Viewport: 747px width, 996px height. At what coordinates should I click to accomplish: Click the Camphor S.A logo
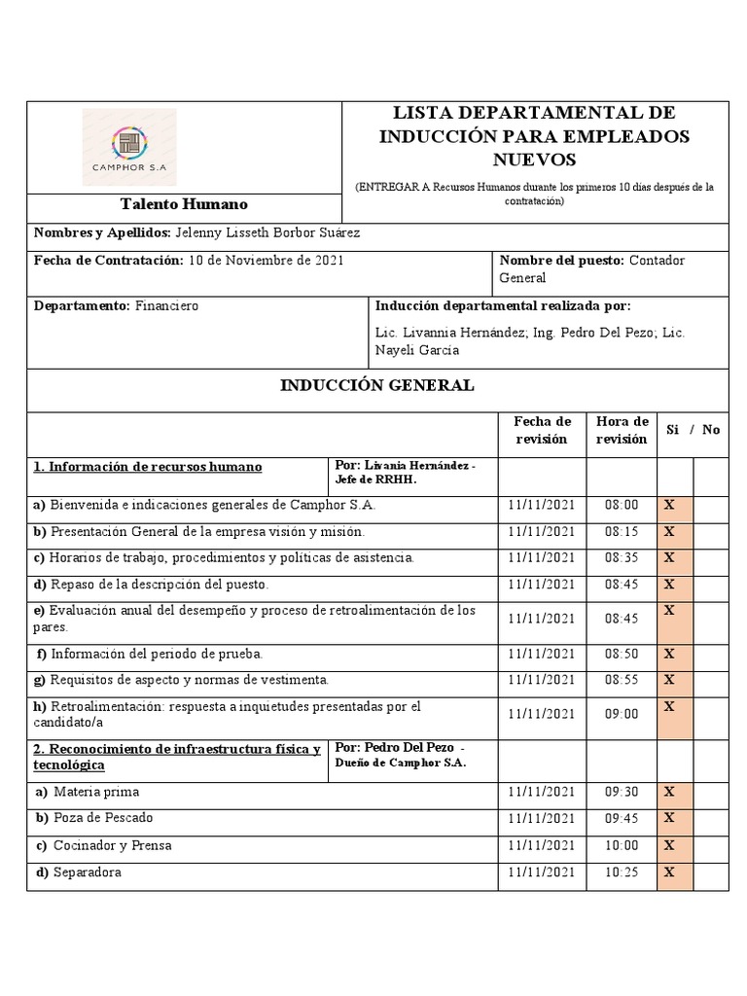click(x=129, y=147)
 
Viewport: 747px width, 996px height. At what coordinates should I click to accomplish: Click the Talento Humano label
click(x=184, y=204)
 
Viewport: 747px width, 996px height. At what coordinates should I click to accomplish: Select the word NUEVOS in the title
click(x=534, y=159)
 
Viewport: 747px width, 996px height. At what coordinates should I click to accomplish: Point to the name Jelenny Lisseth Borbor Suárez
click(x=267, y=232)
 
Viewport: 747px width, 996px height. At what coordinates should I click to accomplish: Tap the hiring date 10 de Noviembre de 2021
click(x=265, y=261)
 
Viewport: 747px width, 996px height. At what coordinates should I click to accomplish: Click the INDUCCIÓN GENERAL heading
click(x=377, y=385)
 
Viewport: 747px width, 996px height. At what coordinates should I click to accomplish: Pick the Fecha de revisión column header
click(x=542, y=430)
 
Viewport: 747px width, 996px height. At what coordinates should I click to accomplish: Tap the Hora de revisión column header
click(x=622, y=430)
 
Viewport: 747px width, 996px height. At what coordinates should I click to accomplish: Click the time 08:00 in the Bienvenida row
click(x=622, y=505)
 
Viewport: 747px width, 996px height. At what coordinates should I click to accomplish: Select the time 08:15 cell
click(x=622, y=532)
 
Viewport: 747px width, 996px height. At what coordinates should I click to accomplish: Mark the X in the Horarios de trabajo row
click(x=669, y=557)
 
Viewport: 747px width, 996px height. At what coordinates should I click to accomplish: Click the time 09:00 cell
click(x=622, y=713)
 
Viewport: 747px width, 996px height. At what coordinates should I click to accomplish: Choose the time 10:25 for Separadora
click(x=622, y=872)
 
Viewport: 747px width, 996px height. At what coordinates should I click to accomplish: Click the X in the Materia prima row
click(x=669, y=791)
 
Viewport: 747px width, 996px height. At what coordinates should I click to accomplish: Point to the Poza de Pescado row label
click(x=103, y=818)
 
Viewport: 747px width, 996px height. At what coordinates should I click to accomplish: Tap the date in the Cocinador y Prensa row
click(x=542, y=845)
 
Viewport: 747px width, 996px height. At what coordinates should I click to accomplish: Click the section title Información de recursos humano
click(x=148, y=467)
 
